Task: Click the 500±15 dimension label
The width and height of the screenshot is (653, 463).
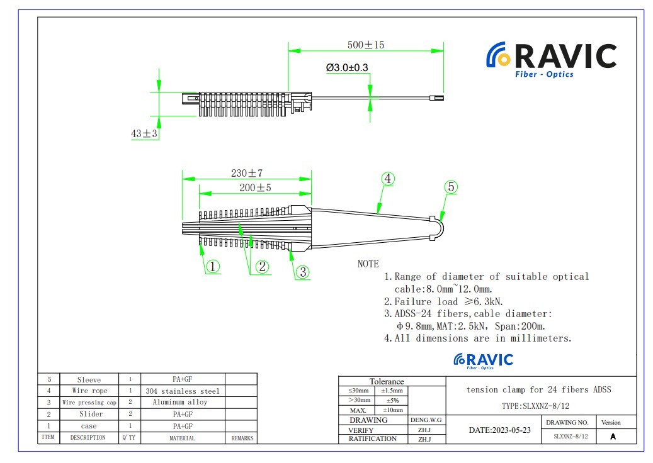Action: pyautogui.click(x=366, y=45)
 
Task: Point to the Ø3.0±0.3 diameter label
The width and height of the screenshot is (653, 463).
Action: pyautogui.click(x=347, y=67)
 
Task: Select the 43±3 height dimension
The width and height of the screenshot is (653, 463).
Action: pyautogui.click(x=144, y=133)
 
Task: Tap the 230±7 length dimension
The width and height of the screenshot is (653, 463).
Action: pyautogui.click(x=247, y=172)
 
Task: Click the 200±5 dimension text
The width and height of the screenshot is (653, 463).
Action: pyautogui.click(x=255, y=187)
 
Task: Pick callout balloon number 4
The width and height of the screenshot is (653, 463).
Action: pyautogui.click(x=388, y=179)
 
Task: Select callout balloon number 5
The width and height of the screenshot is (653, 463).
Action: pyautogui.click(x=451, y=187)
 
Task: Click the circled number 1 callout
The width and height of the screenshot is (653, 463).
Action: pyautogui.click(x=213, y=266)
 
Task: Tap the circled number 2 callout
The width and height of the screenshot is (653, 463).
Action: pyautogui.click(x=262, y=266)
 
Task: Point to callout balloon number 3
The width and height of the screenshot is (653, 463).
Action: pyautogui.click(x=303, y=272)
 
